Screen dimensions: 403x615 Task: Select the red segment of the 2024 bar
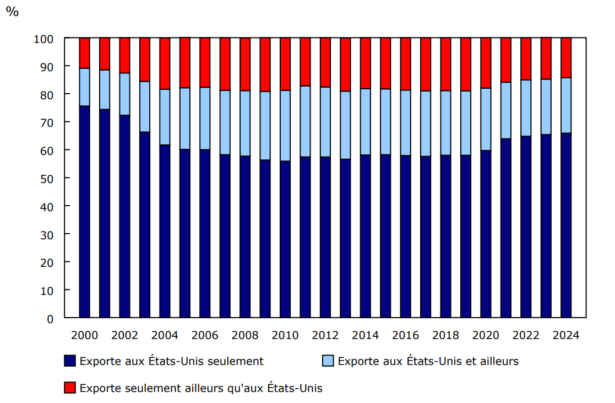click(x=565, y=58)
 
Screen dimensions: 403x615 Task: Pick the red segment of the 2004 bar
click(x=165, y=63)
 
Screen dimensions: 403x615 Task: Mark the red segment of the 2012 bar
click(x=325, y=62)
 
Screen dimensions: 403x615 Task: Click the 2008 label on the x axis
click(x=245, y=335)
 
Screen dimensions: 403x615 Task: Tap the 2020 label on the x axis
click(x=486, y=335)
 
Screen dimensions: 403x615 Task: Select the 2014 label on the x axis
click(x=365, y=335)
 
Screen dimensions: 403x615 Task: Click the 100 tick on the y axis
click(x=44, y=39)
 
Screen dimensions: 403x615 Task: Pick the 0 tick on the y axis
click(x=50, y=319)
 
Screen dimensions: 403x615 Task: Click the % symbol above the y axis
click(x=12, y=12)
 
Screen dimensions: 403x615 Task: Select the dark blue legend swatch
click(x=70, y=361)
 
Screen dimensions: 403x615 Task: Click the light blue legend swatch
click(x=328, y=361)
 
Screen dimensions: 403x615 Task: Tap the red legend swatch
click(x=70, y=388)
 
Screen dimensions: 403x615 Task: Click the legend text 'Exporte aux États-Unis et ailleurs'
click(x=428, y=361)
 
